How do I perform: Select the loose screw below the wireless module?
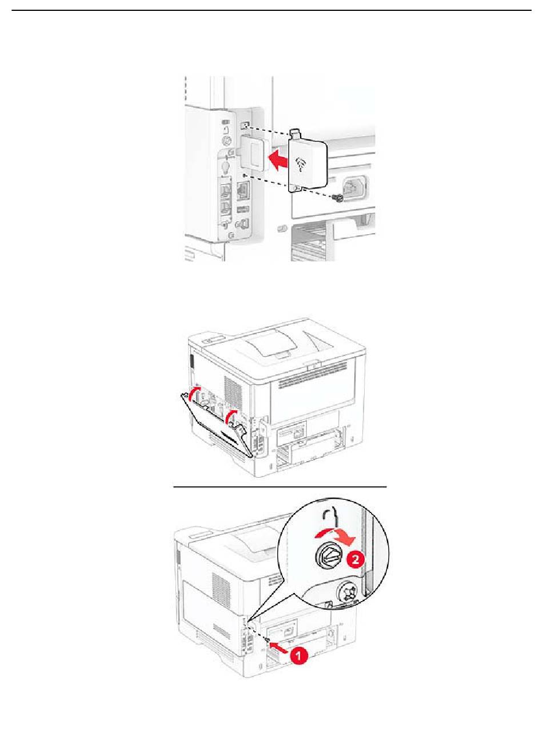[x=338, y=198]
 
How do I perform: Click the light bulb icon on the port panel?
[x=226, y=166]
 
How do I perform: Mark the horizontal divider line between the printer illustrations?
[x=280, y=487]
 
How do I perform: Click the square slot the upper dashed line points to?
[x=244, y=125]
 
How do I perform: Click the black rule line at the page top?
[x=271, y=10]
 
